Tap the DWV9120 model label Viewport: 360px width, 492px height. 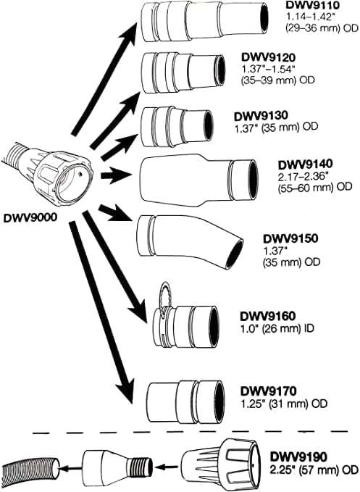(267, 56)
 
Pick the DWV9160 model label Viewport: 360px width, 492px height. (265, 317)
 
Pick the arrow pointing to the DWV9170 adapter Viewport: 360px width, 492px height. (101, 312)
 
